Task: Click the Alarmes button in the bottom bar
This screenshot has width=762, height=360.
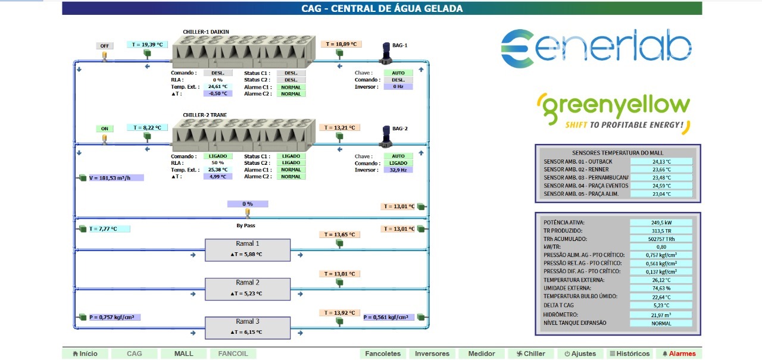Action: coord(679,353)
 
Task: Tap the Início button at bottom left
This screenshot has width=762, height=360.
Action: coord(85,353)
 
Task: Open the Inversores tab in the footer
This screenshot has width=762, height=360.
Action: coord(432,353)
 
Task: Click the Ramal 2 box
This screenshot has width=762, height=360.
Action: coord(248,289)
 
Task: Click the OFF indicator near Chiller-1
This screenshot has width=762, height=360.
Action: coord(105,46)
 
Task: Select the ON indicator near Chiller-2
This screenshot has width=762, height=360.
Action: coord(105,129)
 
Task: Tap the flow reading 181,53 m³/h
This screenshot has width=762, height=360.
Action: coord(113,177)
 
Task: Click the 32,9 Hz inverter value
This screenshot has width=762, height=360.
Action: coord(398,170)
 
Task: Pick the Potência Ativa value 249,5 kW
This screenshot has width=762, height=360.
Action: coord(661,223)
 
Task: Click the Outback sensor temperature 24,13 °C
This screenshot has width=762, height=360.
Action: coord(661,161)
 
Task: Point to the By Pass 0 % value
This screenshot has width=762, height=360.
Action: coord(248,204)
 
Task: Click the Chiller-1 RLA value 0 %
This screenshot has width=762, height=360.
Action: coord(218,80)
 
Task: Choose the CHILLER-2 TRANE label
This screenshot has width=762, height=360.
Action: coord(205,115)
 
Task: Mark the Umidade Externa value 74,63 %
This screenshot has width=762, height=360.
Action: coord(661,288)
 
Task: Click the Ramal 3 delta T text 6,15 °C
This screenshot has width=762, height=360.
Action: coord(248,332)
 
